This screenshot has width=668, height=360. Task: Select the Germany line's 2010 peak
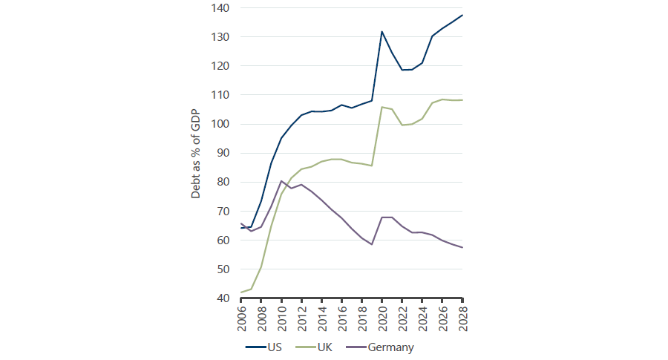point(282,181)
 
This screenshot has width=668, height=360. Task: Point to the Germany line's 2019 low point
point(372,244)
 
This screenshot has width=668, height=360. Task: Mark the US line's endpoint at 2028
point(462,16)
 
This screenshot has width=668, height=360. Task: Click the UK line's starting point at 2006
point(242,292)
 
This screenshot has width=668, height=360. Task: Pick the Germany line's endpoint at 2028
point(462,247)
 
